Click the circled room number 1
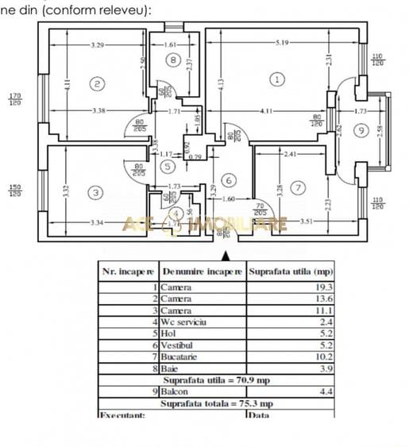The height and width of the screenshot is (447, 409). [276, 79]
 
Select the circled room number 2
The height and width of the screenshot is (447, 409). [97, 83]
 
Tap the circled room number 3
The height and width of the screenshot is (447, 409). [96, 192]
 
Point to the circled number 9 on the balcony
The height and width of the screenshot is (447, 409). [361, 129]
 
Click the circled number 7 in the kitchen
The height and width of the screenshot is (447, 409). [297, 188]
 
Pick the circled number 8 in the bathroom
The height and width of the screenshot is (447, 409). [172, 60]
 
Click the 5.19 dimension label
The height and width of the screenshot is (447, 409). [277, 41]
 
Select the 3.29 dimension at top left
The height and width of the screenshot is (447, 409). [97, 45]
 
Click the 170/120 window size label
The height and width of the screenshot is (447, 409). [14, 99]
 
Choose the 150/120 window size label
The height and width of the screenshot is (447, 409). [14, 191]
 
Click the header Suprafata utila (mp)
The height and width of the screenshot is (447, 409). [290, 271]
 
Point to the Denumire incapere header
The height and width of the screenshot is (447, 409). [203, 271]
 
